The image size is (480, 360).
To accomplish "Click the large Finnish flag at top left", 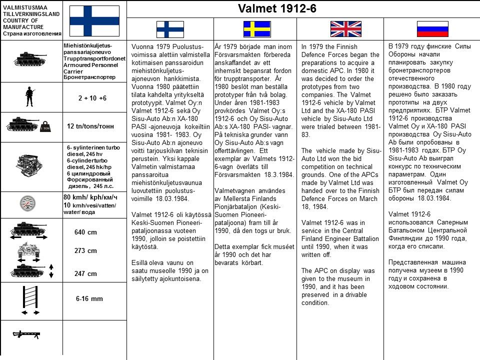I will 94,21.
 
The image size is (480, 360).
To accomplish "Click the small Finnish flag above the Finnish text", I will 170,29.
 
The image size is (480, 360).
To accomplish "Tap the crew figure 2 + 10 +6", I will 92,98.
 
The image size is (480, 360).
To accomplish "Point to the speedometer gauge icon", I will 30,203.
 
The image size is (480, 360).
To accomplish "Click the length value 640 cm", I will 85,232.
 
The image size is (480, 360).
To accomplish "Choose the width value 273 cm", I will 85,251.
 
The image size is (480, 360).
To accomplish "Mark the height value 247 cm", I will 85,273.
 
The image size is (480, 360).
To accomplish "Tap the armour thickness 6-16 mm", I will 89,298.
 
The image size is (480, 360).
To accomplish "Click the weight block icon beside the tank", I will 46,127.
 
